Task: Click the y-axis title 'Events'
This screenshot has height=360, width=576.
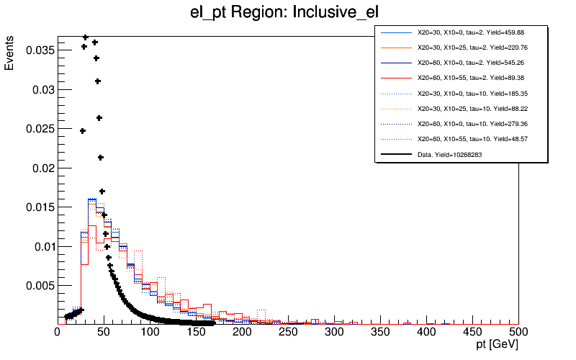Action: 9,54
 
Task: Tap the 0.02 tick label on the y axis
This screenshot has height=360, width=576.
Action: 40,168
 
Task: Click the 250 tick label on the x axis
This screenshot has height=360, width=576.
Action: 288,333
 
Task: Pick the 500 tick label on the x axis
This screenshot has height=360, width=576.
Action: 518,333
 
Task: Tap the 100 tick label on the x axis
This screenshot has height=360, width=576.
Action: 150,333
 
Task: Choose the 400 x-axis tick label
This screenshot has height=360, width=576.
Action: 426,333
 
